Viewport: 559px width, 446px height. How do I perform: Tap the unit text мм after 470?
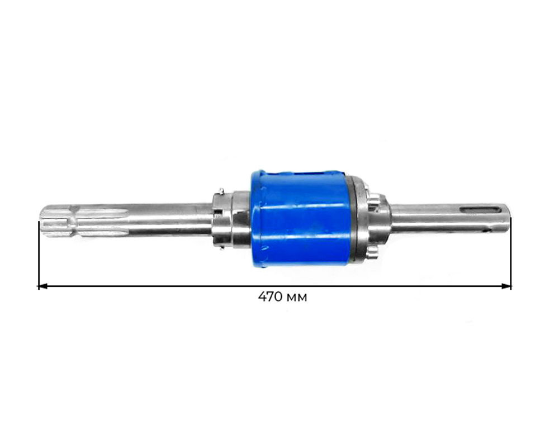click(x=297, y=298)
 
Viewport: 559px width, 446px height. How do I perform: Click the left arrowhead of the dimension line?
click(x=42, y=286)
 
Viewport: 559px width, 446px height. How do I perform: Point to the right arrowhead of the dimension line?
click(x=506, y=286)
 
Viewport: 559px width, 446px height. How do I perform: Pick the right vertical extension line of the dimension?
click(x=511, y=253)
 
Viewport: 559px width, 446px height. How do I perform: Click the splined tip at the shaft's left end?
click(x=54, y=222)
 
